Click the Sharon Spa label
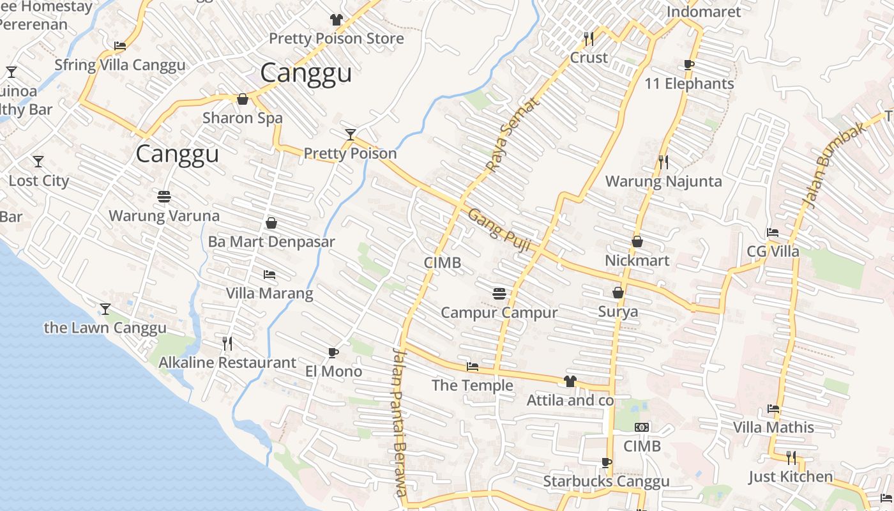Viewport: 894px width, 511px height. coord(242,118)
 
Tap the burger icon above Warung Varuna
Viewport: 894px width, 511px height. coord(164,196)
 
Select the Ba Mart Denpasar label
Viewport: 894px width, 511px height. coord(271,242)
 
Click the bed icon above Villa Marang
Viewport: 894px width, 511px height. coord(269,275)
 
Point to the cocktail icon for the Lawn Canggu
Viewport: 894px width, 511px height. coord(105,309)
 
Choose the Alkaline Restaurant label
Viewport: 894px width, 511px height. coord(227,363)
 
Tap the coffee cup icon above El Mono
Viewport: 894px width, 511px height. coord(333,353)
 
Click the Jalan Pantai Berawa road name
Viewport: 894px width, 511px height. coord(400,422)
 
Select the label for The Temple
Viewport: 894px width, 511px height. coord(472,385)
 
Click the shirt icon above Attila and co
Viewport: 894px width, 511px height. coord(570,381)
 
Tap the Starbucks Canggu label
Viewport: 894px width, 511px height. coord(606,482)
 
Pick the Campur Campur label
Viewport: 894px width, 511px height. coord(499,313)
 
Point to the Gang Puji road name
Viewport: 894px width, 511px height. coord(500,229)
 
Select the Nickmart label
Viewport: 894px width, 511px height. coord(637,261)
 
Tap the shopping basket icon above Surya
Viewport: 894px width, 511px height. coord(617,293)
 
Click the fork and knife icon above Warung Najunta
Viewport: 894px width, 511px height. coord(663,162)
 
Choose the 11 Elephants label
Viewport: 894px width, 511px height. coord(689,84)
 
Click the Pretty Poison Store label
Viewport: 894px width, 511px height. coord(336,38)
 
